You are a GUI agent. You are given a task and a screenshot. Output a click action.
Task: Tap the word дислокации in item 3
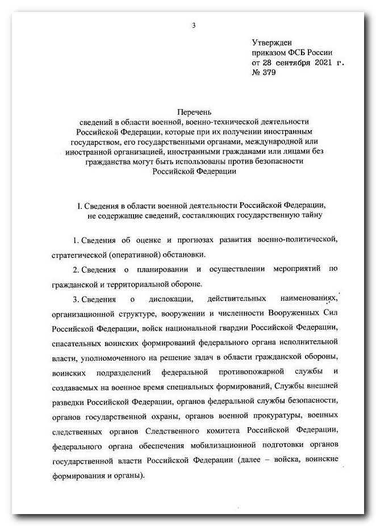click(x=165, y=299)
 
